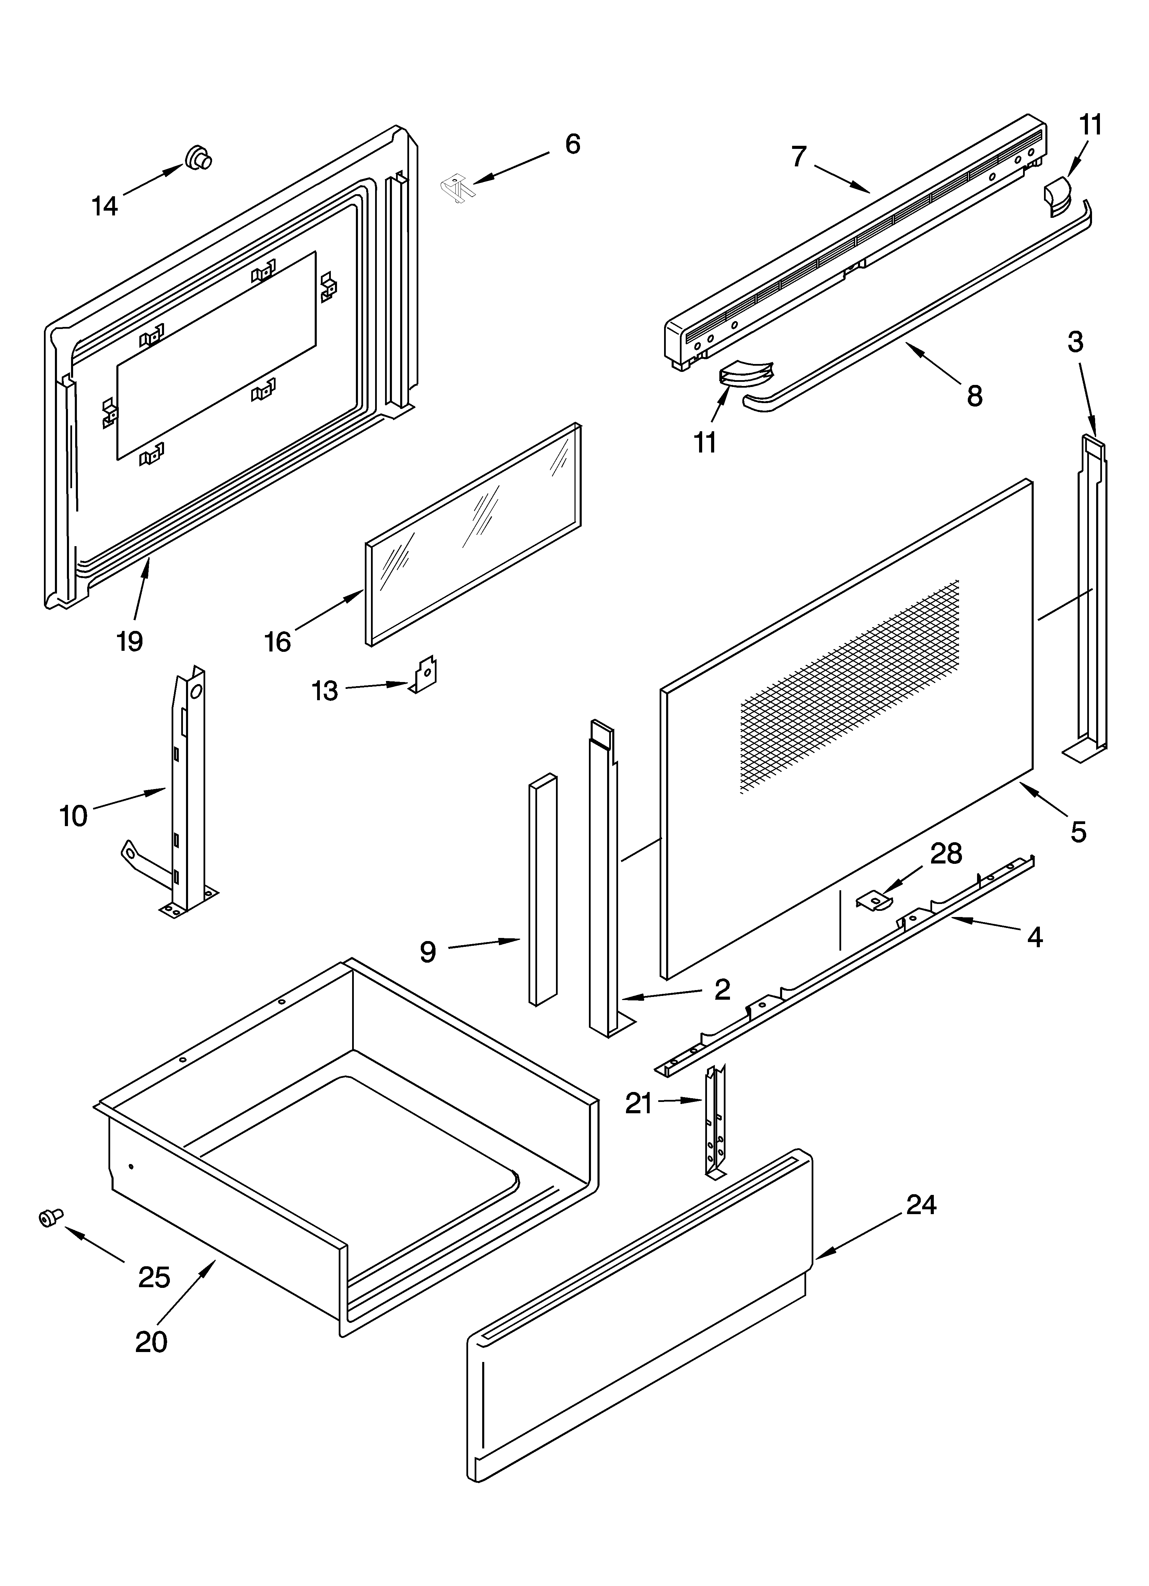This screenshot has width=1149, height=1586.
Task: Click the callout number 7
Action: pos(799,157)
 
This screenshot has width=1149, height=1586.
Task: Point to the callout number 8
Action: pos(974,396)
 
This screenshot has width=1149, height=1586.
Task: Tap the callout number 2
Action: pos(722,988)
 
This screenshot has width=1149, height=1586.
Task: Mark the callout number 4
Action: pos(1034,936)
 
